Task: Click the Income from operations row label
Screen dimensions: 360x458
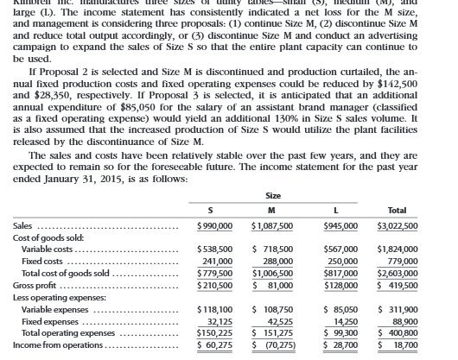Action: point(51,344)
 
